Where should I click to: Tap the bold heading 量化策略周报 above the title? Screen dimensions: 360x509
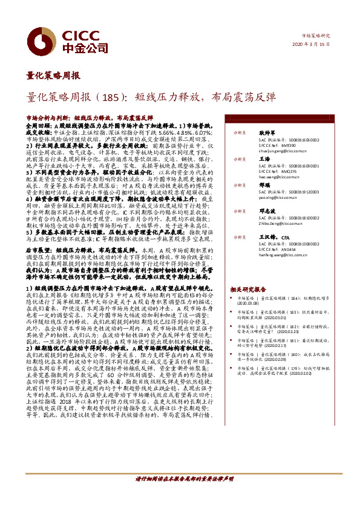pos(53,76)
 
